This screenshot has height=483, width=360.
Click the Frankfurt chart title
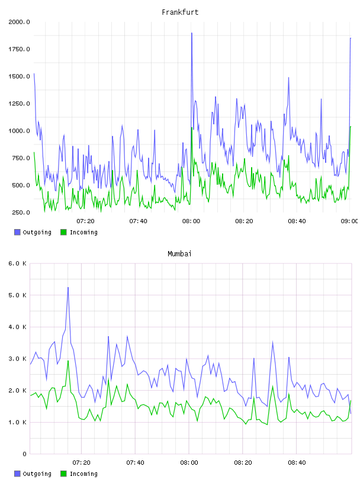pos(180,12)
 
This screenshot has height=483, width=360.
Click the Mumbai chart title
pos(179,254)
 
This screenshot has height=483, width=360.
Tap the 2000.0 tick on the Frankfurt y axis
pos(19,22)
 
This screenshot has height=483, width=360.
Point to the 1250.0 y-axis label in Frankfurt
pos(19,104)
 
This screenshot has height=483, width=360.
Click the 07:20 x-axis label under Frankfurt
pos(85,221)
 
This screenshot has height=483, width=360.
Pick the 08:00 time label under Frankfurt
pos(191,221)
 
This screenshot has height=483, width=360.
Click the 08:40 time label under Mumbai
pos(297,463)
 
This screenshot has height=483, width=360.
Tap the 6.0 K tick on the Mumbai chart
pos(18,263)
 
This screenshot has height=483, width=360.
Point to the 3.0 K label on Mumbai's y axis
pos(18,359)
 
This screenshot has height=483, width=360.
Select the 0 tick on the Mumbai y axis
pos(25,454)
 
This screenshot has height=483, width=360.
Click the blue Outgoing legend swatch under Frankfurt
pos(17,232)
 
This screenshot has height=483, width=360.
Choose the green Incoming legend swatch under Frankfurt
pos(63,232)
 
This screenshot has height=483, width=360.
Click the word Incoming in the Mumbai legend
pos(83,474)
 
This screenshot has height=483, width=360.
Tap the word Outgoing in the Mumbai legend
pos(37,474)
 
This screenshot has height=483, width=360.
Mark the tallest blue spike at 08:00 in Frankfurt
pos(192,33)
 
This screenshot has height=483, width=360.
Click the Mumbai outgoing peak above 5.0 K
pos(68,288)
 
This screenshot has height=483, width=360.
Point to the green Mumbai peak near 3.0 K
pos(68,360)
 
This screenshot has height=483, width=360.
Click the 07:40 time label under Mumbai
pos(136,463)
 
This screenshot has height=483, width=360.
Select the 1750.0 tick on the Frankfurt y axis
pos(19,49)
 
